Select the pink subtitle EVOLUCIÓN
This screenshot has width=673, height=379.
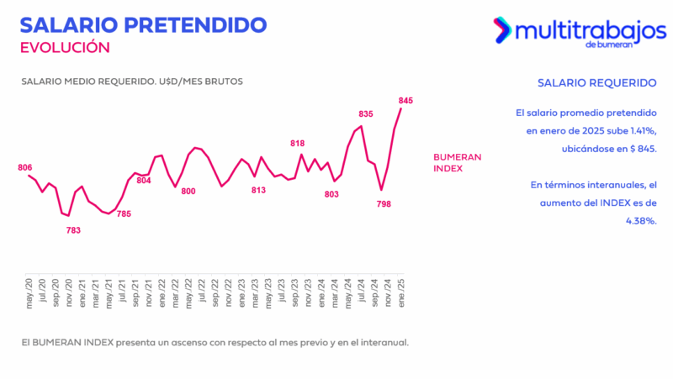[65, 47]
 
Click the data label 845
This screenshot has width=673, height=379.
[406, 101]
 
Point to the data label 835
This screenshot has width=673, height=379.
[366, 114]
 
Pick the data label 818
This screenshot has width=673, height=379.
[298, 144]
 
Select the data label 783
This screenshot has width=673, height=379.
[73, 230]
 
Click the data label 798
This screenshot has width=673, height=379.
[384, 204]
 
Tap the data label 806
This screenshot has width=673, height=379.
[24, 167]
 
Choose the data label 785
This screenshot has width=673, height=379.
[124, 213]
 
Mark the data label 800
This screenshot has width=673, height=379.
[188, 192]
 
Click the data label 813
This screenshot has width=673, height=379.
[258, 190]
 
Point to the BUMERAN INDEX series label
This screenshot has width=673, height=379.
[457, 162]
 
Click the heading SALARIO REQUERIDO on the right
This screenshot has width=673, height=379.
[596, 83]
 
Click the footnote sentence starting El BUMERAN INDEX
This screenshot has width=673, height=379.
[215, 342]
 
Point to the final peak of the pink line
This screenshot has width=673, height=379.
[401, 108]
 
